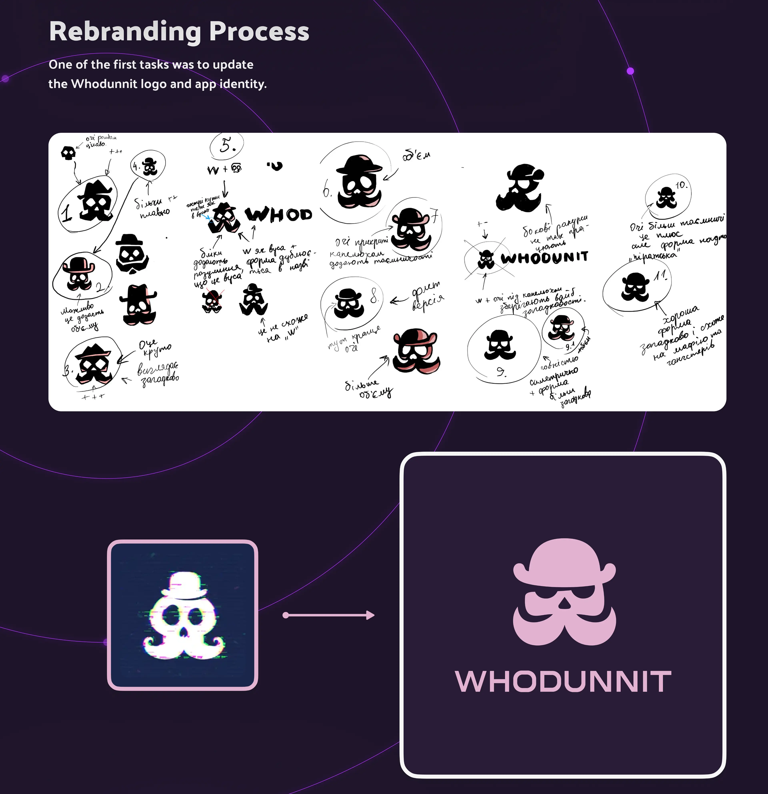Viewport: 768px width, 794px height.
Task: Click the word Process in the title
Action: click(x=259, y=32)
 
